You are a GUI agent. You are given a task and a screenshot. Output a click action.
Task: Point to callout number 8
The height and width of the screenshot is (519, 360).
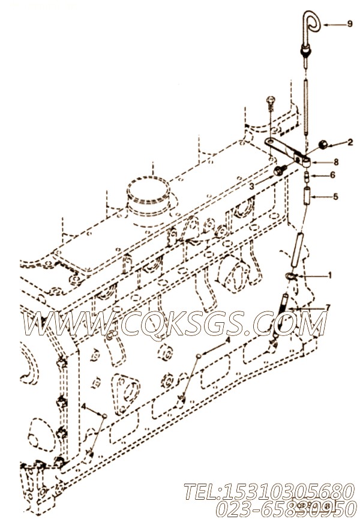pyautogui.click(x=336, y=161)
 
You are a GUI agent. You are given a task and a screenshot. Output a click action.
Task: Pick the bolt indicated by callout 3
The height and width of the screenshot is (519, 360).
pyautogui.click(x=278, y=172)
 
